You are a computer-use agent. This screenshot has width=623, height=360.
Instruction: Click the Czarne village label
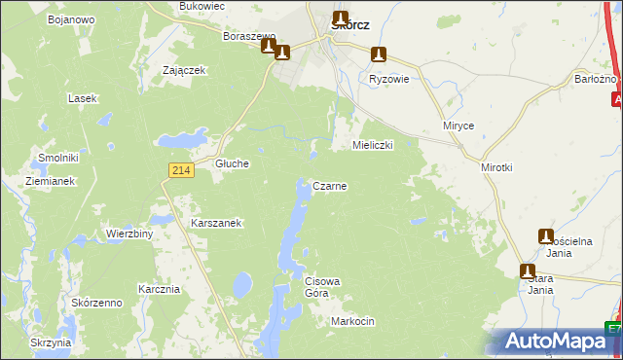[x=329, y=185]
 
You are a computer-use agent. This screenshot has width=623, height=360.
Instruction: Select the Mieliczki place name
[x=371, y=145]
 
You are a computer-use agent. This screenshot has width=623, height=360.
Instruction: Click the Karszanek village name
[x=216, y=223]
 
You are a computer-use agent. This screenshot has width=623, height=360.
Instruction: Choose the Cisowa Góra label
[x=322, y=287]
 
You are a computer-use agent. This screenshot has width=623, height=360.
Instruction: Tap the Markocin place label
[x=352, y=321]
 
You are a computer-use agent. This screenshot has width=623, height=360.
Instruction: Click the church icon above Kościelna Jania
[x=546, y=236]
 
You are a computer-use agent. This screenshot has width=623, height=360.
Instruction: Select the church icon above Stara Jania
[x=527, y=271]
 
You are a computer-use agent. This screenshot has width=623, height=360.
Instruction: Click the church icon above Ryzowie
[x=380, y=55]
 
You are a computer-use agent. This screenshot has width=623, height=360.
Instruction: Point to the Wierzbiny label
[x=129, y=234]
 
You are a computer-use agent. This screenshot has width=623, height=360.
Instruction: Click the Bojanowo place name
[x=70, y=19]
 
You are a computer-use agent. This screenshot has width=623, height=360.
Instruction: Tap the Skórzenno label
[x=96, y=304]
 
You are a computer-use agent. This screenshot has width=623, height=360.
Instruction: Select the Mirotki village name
[x=496, y=167]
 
